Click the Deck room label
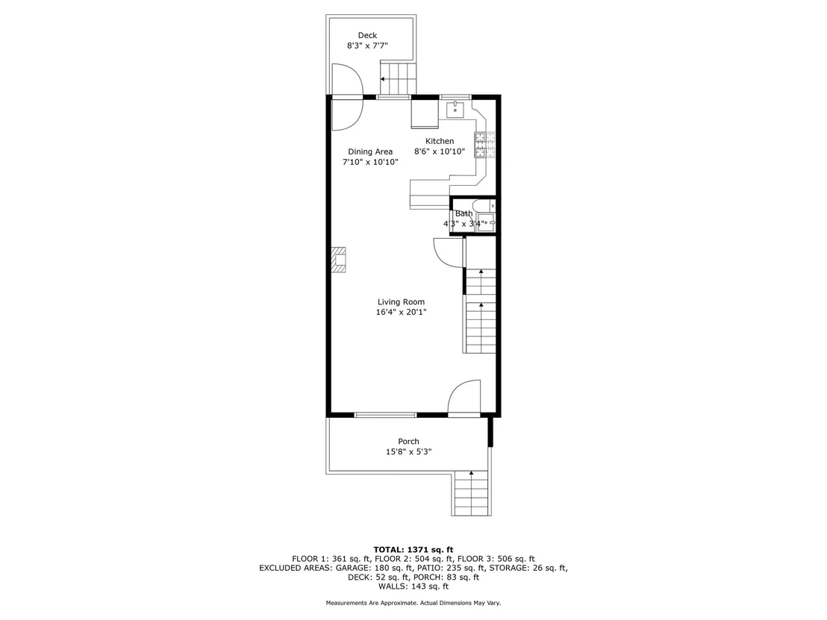coord(368,35)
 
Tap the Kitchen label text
coord(440,141)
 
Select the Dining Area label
coord(369,151)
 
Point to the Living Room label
coord(401,301)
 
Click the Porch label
coord(409,441)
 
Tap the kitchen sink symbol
coord(455,110)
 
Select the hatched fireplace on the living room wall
coord(338,260)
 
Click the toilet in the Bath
coord(483,205)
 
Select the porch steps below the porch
coord(472,493)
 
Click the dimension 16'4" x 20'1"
coord(401,312)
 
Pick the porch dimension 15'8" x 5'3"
coord(409,452)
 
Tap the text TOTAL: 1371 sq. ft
coord(413,550)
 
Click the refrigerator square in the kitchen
coord(425,114)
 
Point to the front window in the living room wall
coord(386,415)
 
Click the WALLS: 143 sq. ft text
coord(413,586)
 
